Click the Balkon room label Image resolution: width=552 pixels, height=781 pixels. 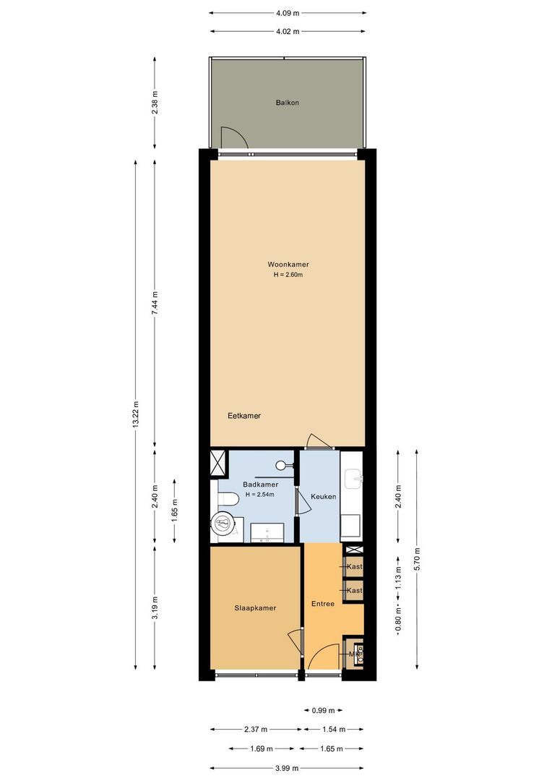pyautogui.click(x=287, y=103)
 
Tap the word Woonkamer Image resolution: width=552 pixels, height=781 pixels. pyautogui.click(x=287, y=265)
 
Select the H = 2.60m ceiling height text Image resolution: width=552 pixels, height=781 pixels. pyautogui.click(x=287, y=275)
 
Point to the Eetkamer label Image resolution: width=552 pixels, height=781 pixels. pyautogui.click(x=243, y=416)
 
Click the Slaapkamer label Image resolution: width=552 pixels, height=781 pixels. pyautogui.click(x=255, y=608)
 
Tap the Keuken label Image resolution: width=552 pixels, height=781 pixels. pyautogui.click(x=323, y=497)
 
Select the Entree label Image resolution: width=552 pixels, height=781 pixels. pyautogui.click(x=322, y=604)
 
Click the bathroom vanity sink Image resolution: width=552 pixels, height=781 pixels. pyautogui.click(x=267, y=534)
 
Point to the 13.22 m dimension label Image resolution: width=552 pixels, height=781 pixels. pyautogui.click(x=136, y=415)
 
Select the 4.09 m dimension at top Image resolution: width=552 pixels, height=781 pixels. pyautogui.click(x=287, y=12)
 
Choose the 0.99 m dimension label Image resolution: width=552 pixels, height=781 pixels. pyautogui.click(x=322, y=711)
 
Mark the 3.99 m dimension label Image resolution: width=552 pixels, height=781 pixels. pyautogui.click(x=287, y=768)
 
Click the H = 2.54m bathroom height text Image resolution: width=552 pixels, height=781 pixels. pyautogui.click(x=262, y=495)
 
